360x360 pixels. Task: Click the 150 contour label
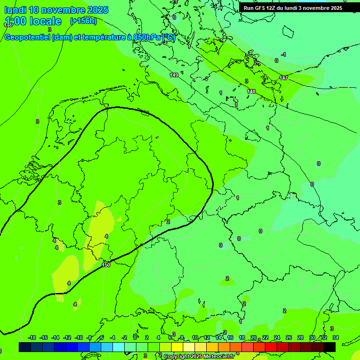[106, 265]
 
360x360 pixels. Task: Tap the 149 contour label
[174, 75]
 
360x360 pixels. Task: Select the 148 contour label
[251, 91]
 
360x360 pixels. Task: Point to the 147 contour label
[283, 78]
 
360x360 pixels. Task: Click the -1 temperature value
[283, 55]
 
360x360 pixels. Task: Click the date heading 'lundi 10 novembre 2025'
[56, 10]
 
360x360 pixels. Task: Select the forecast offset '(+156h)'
[83, 21]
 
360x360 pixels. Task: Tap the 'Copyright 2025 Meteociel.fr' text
[199, 357]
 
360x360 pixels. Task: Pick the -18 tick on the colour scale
[32, 337]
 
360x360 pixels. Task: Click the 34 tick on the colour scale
[335, 337]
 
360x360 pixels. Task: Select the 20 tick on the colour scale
[253, 337]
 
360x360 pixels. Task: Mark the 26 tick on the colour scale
[288, 337]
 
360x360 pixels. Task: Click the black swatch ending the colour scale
[330, 347]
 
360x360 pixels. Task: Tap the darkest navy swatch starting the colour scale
[25, 347]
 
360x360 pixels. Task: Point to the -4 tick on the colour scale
[112, 337]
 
